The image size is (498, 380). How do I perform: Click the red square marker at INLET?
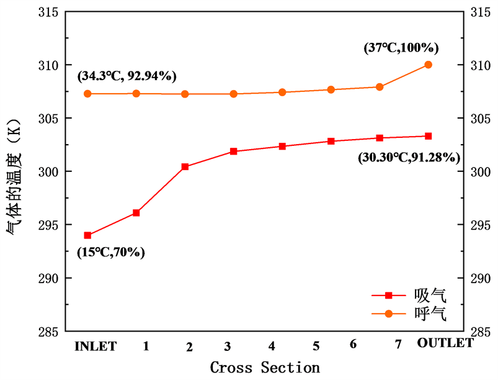[87, 235]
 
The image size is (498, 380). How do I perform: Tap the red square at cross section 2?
[185, 166]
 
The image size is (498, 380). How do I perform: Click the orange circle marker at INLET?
[87, 94]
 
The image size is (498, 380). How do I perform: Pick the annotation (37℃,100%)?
[401, 47]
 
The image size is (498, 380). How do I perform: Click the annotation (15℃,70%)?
[111, 252]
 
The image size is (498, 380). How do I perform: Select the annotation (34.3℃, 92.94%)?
[127, 76]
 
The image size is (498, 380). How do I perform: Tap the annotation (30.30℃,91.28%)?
[409, 158]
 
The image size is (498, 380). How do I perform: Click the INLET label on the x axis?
[96, 346]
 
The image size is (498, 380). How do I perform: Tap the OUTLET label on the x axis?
[446, 343]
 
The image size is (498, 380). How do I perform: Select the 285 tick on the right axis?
[484, 331]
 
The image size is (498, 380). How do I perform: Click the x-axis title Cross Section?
[265, 367]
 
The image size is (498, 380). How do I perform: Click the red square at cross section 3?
[234, 152]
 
